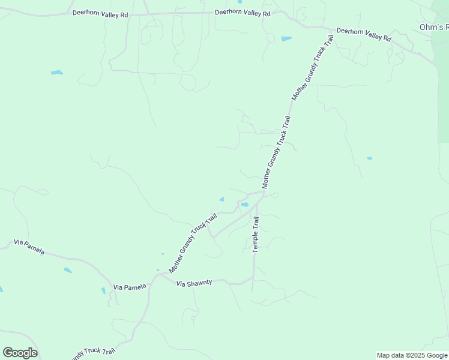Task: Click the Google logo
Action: (x=20, y=353)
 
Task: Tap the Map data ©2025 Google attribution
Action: (x=412, y=355)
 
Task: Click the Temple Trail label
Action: (x=256, y=235)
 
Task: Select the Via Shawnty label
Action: (x=194, y=283)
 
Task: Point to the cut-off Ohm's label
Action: (x=434, y=28)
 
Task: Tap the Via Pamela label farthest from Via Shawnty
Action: (x=29, y=246)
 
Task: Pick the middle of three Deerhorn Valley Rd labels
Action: (x=243, y=13)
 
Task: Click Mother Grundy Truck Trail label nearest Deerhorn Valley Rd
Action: (x=312, y=67)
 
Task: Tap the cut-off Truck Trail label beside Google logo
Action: (x=93, y=352)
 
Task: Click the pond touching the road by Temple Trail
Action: (x=245, y=205)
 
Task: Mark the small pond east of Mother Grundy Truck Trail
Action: (x=369, y=158)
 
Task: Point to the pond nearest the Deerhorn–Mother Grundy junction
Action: (x=286, y=39)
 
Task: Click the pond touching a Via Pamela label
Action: (x=104, y=290)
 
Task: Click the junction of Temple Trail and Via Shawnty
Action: (x=253, y=278)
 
